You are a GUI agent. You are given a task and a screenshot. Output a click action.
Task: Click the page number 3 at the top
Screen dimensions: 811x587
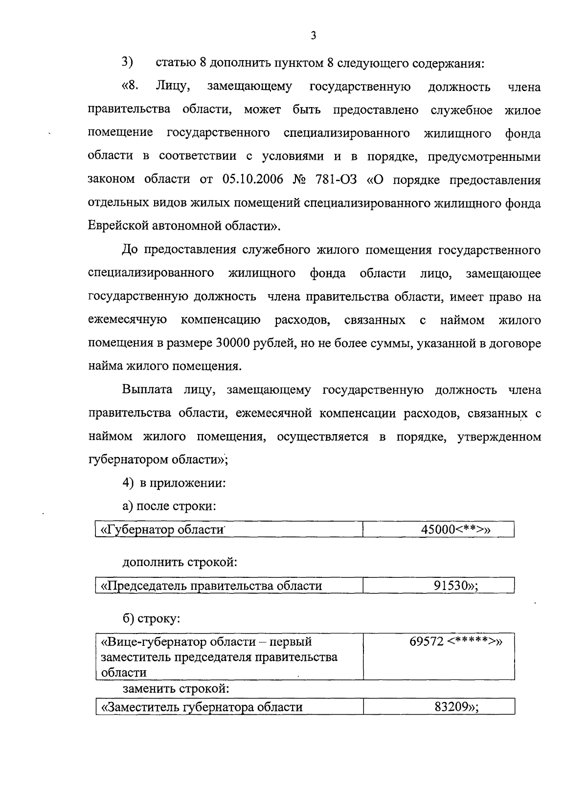[x=314, y=36]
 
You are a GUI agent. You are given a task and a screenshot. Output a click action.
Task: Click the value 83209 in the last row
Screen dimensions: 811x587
[x=451, y=707]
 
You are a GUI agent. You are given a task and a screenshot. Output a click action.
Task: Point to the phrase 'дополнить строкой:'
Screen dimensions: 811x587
[x=180, y=562]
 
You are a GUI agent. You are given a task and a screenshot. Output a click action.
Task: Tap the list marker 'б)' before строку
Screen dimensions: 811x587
[x=129, y=618]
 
